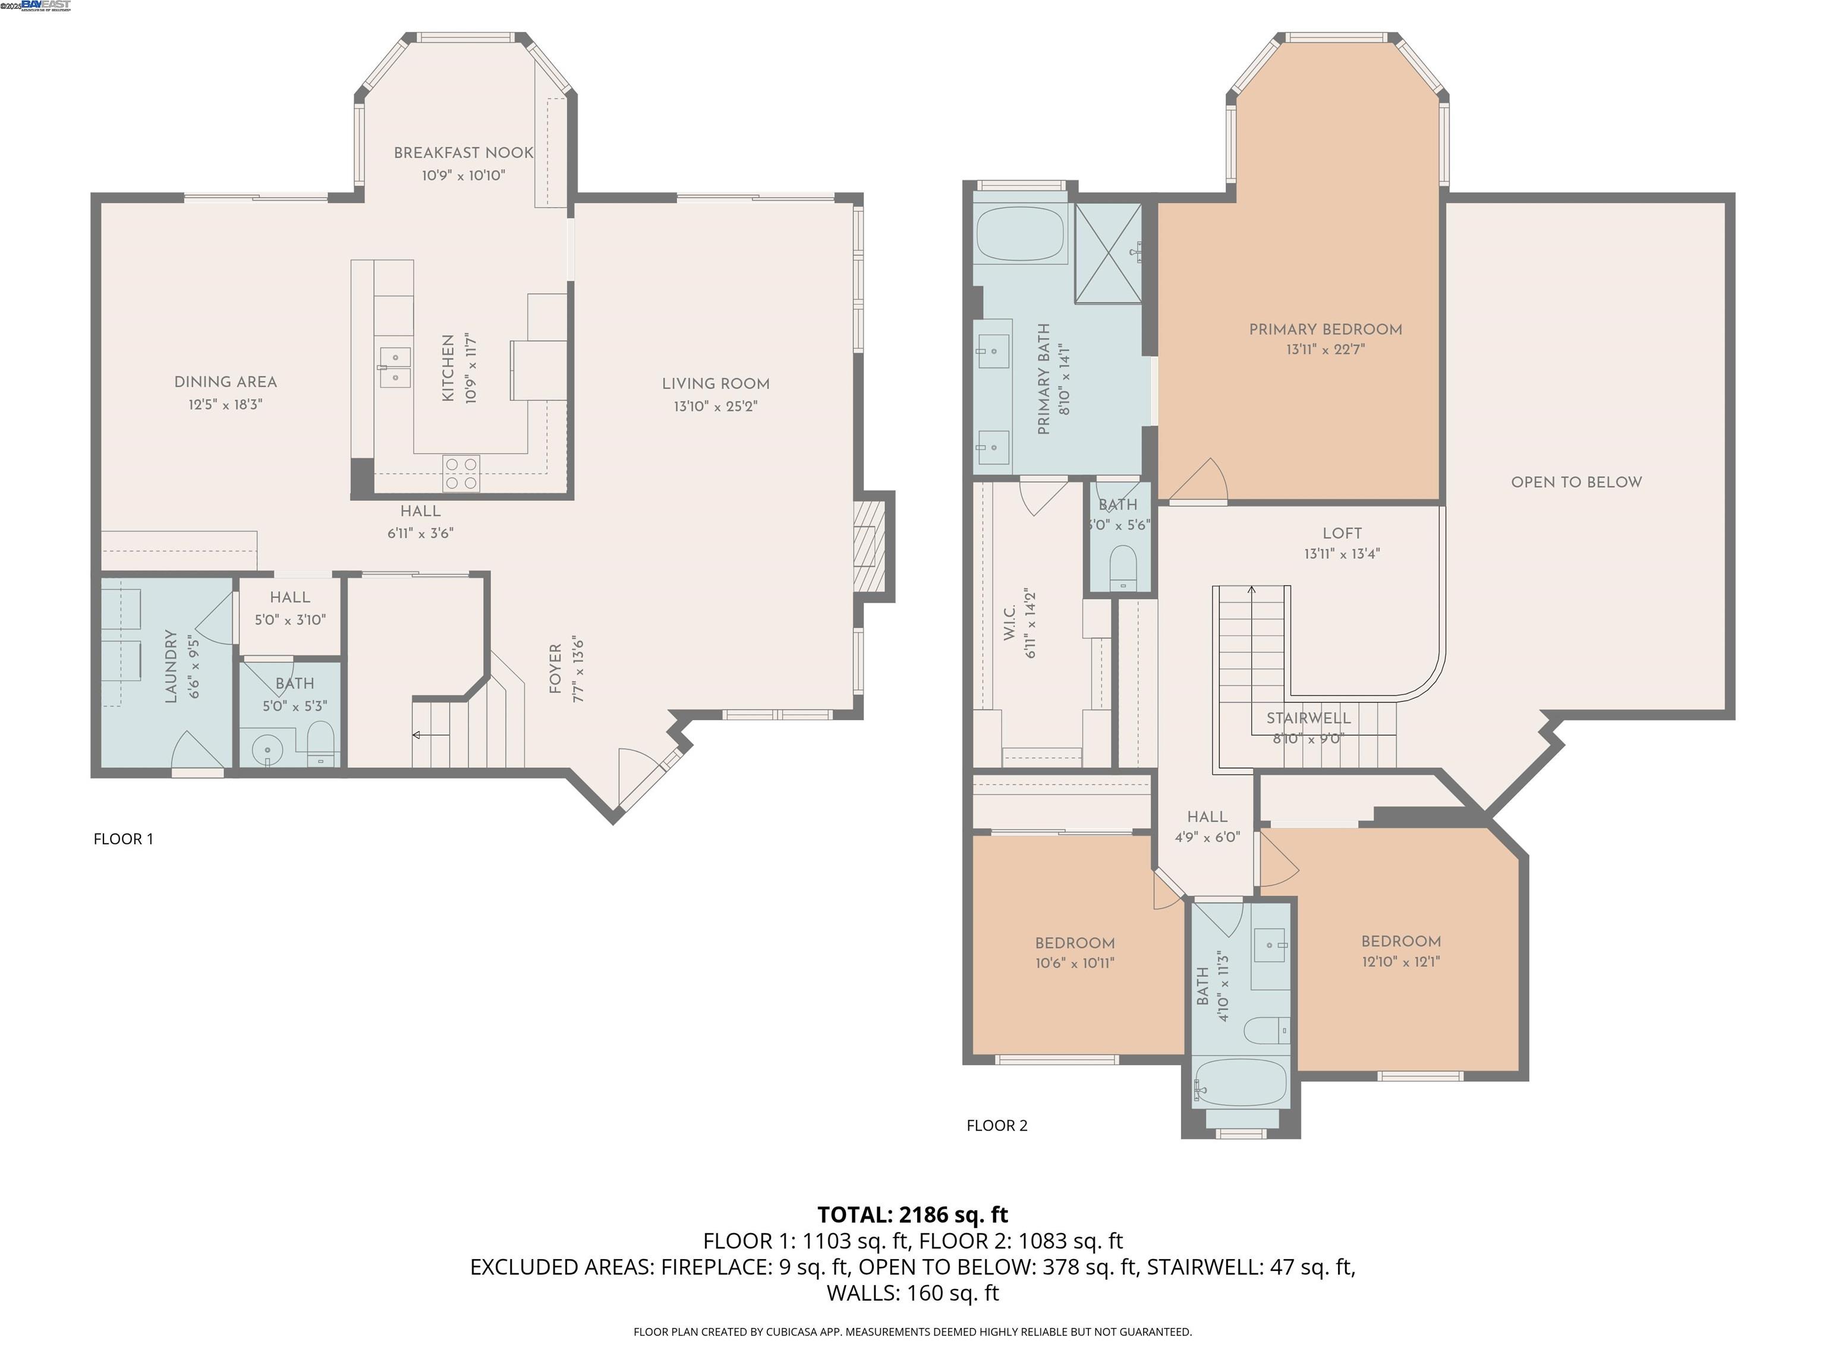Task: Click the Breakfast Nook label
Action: click(463, 153)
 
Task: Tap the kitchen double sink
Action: click(395, 367)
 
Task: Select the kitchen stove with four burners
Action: click(461, 474)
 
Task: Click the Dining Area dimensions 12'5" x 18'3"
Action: click(225, 405)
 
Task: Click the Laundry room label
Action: click(171, 667)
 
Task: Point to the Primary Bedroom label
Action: click(1325, 329)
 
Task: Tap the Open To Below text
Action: click(1576, 482)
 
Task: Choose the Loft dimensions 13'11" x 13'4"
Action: click(1342, 554)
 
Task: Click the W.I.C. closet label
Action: click(1009, 623)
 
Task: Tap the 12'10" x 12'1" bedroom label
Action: click(1401, 961)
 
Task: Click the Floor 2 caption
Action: click(996, 1125)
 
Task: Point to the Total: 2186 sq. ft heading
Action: click(912, 1215)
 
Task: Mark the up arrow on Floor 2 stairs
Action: click(1251, 591)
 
